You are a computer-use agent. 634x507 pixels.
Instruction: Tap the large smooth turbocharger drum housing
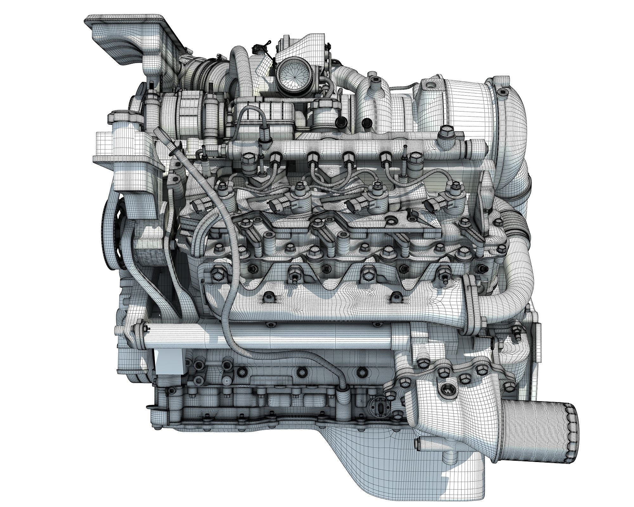(x=466, y=105)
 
